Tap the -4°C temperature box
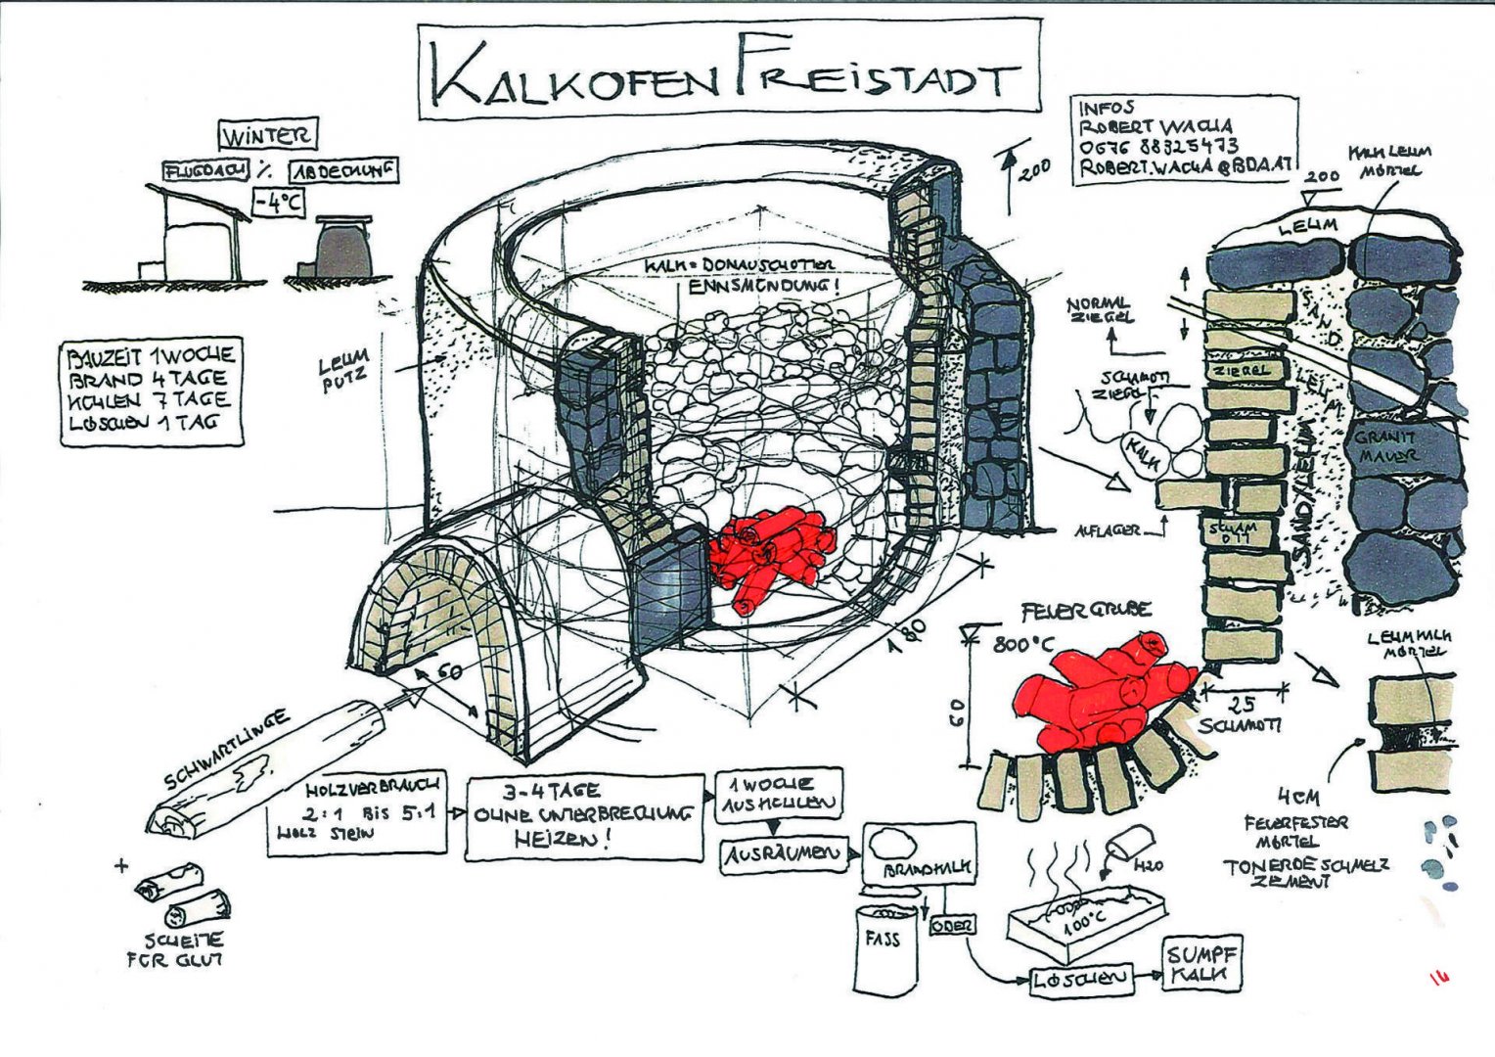[279, 204]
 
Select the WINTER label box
[267, 135]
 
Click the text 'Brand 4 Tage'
[148, 379]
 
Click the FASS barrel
[888, 943]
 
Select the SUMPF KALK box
[1201, 964]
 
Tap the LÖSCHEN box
[1081, 978]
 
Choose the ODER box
[951, 925]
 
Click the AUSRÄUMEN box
[783, 855]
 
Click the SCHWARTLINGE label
[227, 750]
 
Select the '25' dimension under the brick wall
[1244, 703]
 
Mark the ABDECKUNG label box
[344, 171]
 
